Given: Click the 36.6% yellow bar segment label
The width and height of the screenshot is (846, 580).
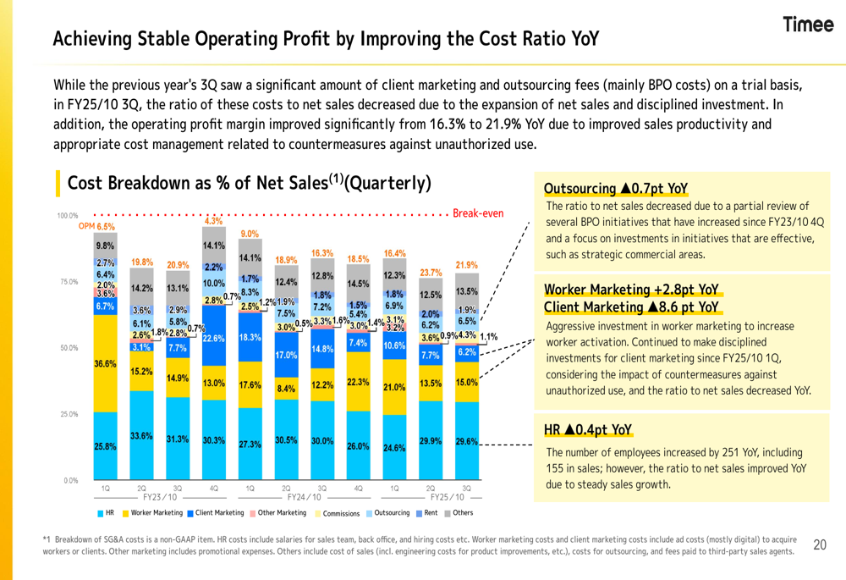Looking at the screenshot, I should [106, 364].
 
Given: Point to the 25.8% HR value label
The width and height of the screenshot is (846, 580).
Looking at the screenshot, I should [106, 445].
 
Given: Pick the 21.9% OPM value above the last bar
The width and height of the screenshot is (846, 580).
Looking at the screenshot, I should [467, 265].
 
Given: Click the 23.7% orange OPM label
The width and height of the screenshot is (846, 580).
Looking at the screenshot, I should [431, 273].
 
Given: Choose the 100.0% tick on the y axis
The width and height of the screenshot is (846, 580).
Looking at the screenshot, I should [67, 216].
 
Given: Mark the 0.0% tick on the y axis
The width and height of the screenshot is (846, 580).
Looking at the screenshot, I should [70, 480].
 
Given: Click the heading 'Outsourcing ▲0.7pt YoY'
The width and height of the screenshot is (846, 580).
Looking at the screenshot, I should [617, 188].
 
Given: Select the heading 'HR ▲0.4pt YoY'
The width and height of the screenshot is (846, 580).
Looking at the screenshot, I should [588, 430].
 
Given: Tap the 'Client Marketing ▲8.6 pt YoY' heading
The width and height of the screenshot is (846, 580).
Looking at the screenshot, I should [632, 306].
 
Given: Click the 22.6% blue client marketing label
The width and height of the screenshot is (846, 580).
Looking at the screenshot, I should [213, 338].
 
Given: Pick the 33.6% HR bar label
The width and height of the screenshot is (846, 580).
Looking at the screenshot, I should [141, 436].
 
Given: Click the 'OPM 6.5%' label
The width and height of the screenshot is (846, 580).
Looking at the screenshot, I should [96, 227].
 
